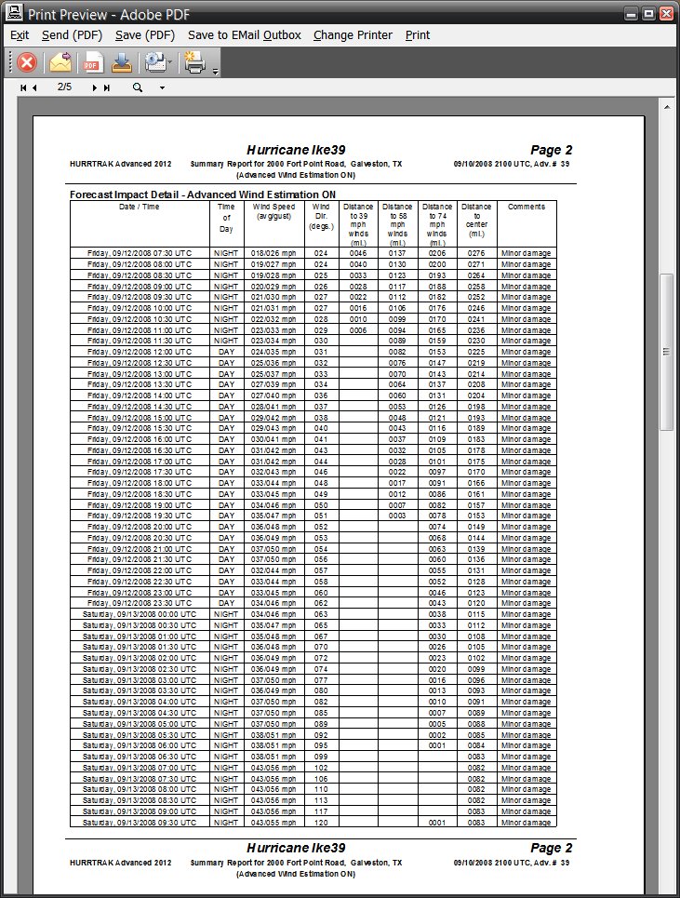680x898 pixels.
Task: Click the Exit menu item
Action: click(19, 35)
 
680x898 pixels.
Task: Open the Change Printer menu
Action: click(353, 35)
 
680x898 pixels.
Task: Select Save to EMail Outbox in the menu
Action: click(244, 35)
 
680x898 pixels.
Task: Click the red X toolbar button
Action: click(27, 62)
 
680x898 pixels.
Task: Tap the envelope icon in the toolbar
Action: click(60, 62)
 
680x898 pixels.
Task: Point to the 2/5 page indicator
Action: click(64, 87)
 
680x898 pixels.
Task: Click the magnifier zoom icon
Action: click(138, 87)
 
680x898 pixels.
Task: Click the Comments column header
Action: click(527, 207)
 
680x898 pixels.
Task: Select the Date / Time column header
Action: click(140, 207)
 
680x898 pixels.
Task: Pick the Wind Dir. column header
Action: click(321, 216)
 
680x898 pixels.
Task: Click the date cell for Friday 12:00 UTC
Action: click(140, 353)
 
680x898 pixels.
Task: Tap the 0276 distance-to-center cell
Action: click(476, 252)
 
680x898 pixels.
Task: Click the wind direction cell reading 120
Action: click(321, 823)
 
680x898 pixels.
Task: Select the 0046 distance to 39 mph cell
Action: click(358, 252)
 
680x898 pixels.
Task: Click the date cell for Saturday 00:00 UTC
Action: click(140, 614)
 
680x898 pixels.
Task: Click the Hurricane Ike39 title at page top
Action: click(296, 150)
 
